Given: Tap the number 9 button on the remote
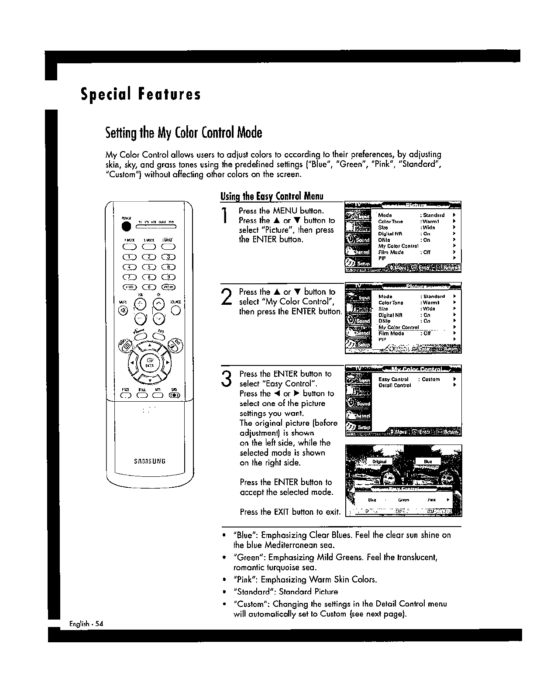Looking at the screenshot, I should tap(168, 277).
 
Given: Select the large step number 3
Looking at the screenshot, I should tap(226, 379).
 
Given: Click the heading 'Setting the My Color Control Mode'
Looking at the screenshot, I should tap(183, 132).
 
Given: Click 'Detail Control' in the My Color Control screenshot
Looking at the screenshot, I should tap(395, 386).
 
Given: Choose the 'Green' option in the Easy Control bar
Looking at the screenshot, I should tap(403, 500).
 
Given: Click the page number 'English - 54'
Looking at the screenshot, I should tap(86, 624).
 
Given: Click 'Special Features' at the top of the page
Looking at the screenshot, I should tap(141, 95).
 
